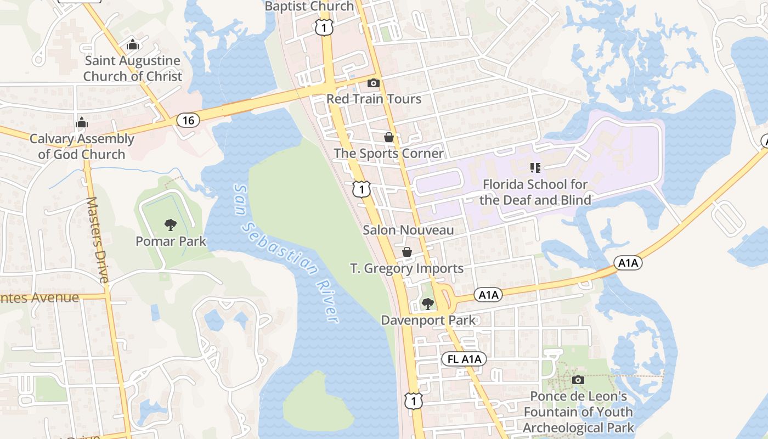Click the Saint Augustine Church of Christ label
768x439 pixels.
(x=132, y=69)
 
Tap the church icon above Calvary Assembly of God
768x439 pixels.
(x=82, y=122)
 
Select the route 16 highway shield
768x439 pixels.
(x=188, y=120)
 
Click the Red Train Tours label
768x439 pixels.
(x=374, y=99)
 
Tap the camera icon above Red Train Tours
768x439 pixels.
(x=373, y=83)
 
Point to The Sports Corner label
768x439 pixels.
(x=388, y=153)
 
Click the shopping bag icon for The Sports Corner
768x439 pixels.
(x=389, y=137)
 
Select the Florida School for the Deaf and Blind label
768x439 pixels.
(x=535, y=192)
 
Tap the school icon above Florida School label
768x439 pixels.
(x=535, y=168)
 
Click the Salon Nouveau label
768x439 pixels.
(x=408, y=230)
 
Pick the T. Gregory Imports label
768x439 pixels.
(x=406, y=268)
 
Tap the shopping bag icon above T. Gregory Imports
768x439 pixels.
(x=407, y=252)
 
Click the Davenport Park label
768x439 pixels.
(x=428, y=320)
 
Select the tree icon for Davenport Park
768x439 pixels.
(x=428, y=304)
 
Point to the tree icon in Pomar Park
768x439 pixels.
(x=171, y=224)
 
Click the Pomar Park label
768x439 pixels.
(x=171, y=241)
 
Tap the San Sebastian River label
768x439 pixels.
(x=285, y=252)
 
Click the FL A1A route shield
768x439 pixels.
(x=464, y=359)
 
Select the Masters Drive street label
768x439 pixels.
(x=98, y=239)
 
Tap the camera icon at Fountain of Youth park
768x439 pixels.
(x=578, y=380)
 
